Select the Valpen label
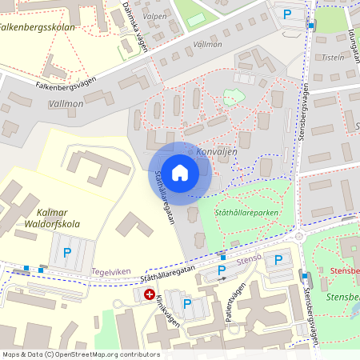tap(154, 16)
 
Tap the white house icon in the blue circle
tap(180, 172)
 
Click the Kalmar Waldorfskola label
tap(47, 218)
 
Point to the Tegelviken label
tap(110, 271)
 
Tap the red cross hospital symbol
tap(149, 294)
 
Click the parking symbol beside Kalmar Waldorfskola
tap(66, 252)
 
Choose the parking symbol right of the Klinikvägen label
tap(187, 303)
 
